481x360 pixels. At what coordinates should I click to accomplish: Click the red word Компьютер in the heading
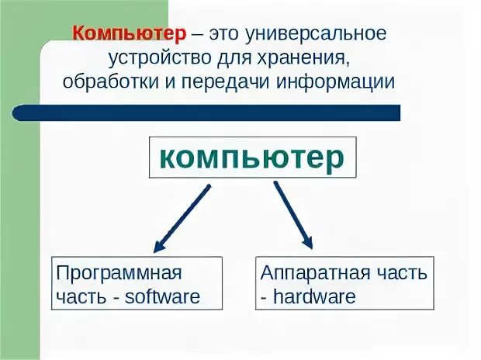point(130,36)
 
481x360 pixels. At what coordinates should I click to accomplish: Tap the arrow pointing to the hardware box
point(292,214)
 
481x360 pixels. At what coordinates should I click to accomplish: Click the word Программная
point(119,274)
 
